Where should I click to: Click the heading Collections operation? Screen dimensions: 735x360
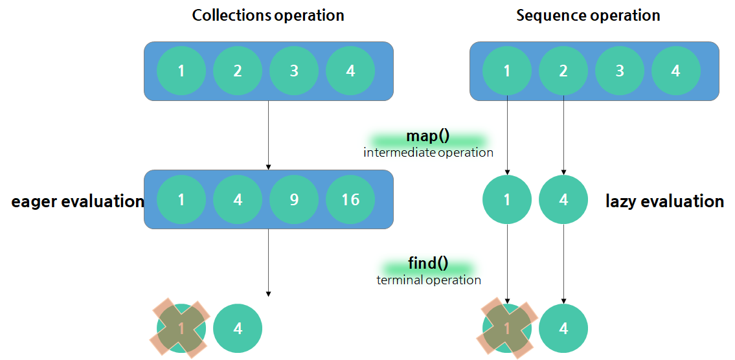268,15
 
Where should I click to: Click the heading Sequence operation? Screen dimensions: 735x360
588,15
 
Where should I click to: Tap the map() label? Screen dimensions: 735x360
428,137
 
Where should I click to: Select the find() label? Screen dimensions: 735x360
428,264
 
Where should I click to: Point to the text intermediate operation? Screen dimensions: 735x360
428,153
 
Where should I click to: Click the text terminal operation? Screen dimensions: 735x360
429,280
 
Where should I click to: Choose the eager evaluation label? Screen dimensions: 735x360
77,201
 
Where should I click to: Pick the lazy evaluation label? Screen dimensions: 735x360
664,201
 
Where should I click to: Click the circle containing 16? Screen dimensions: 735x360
350,200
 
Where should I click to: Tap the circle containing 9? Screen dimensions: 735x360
294,200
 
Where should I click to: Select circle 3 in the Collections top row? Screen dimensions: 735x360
294,71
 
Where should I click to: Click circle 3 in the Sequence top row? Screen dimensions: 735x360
620,71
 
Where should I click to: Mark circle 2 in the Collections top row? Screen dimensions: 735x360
238,71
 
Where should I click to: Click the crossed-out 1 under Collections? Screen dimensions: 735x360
181,328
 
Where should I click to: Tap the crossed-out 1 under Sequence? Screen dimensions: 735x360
506,328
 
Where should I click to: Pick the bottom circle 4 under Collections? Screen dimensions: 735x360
238,328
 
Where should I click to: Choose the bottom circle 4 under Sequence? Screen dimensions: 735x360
563,328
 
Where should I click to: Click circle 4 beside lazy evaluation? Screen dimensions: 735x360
563,200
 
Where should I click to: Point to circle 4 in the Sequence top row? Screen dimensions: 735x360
676,71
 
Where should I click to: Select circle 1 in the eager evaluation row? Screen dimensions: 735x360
181,200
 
